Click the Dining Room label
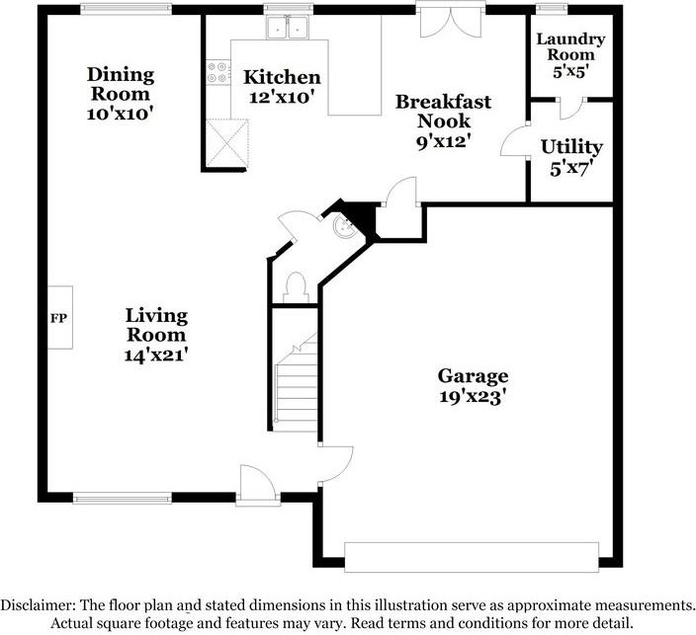point(120,94)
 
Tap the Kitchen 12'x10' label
point(282,87)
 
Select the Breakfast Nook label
point(443,120)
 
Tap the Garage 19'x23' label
point(474,386)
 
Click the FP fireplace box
point(58,318)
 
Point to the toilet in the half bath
point(293,285)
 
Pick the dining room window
point(125,10)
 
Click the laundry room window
point(546,10)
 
